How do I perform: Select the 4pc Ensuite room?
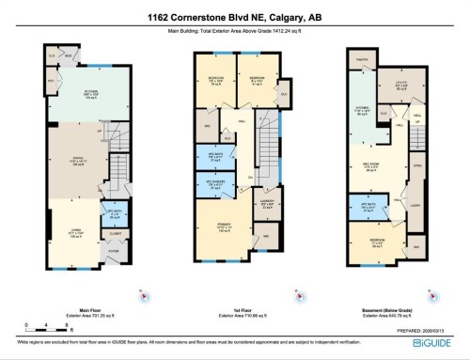[x=214, y=184]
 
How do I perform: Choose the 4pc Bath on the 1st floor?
[x=214, y=157]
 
